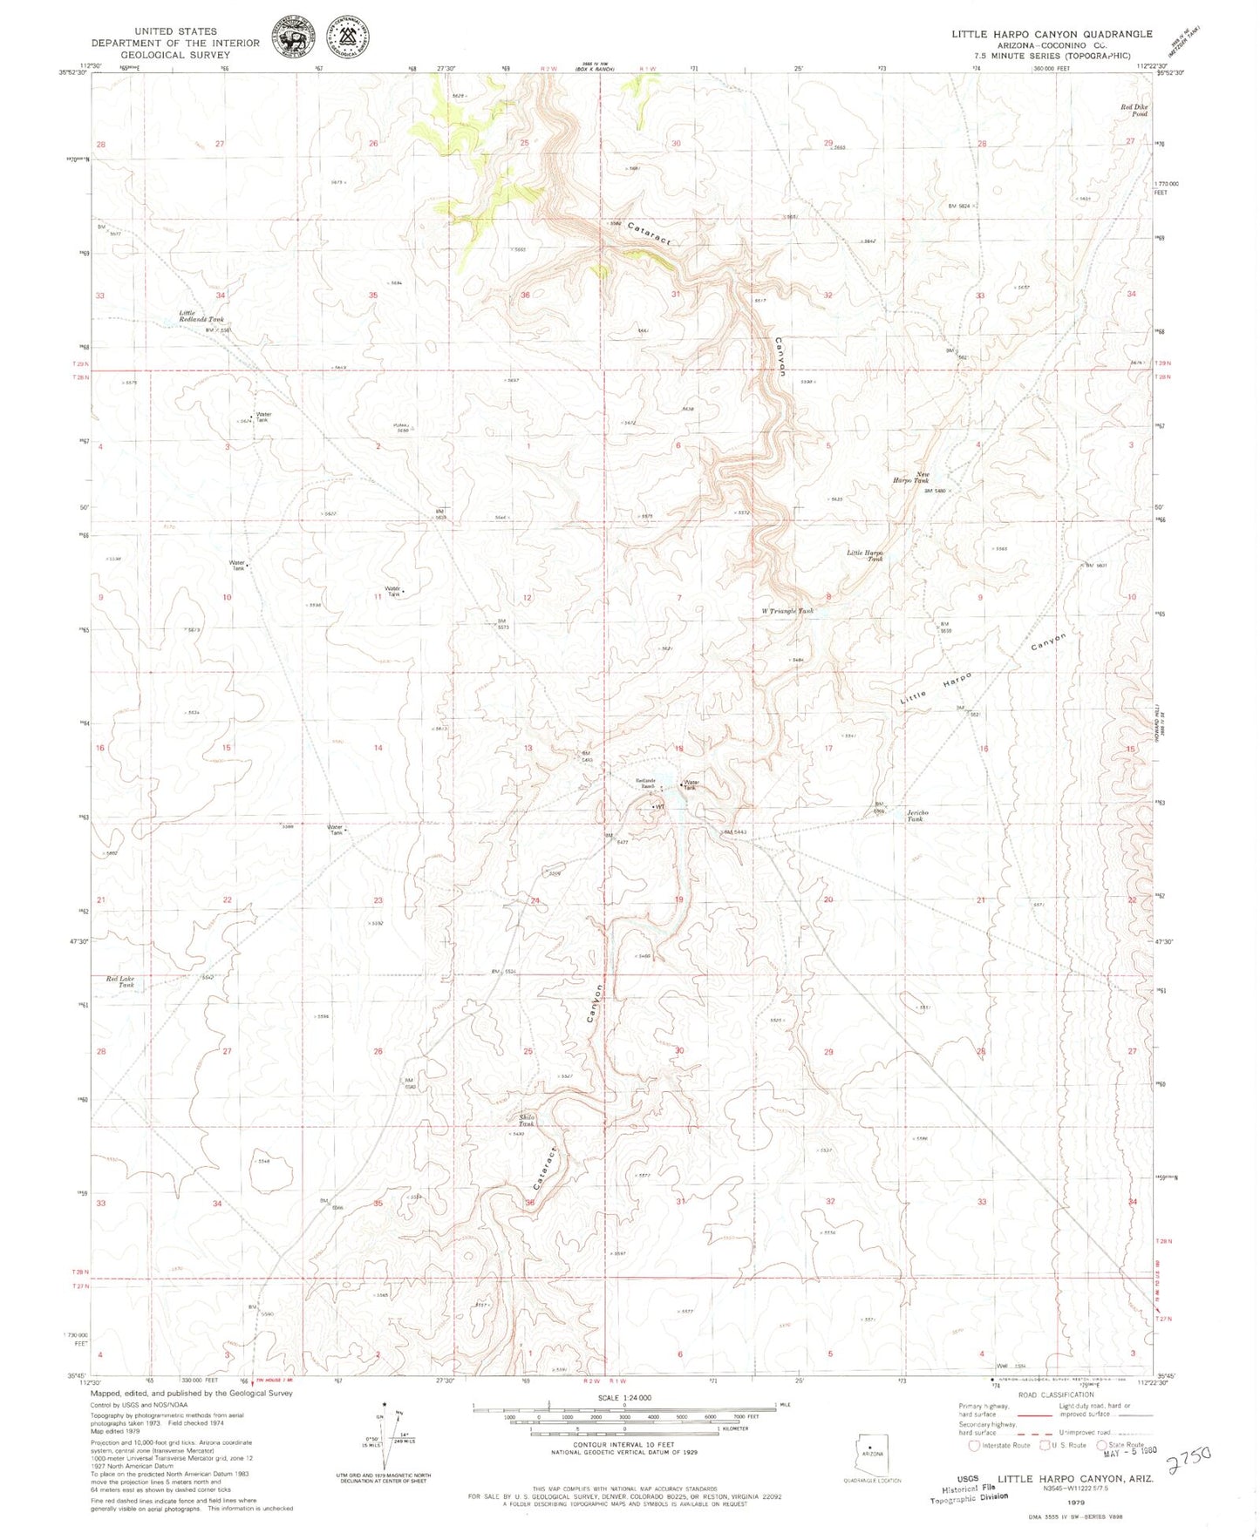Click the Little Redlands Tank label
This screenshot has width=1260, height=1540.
pos(201,316)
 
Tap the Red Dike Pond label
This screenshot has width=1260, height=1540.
pos(1134,111)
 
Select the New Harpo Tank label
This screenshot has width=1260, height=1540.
pos(909,478)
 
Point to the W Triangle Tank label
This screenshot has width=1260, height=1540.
pos(787,611)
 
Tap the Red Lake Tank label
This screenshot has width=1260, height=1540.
pos(120,981)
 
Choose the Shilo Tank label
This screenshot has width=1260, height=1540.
pos(526,1121)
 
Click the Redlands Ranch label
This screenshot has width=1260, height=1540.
pos(645,784)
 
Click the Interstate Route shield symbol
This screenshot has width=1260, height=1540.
pos(974,1445)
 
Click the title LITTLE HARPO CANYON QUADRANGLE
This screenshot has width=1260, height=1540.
pos(1051,34)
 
